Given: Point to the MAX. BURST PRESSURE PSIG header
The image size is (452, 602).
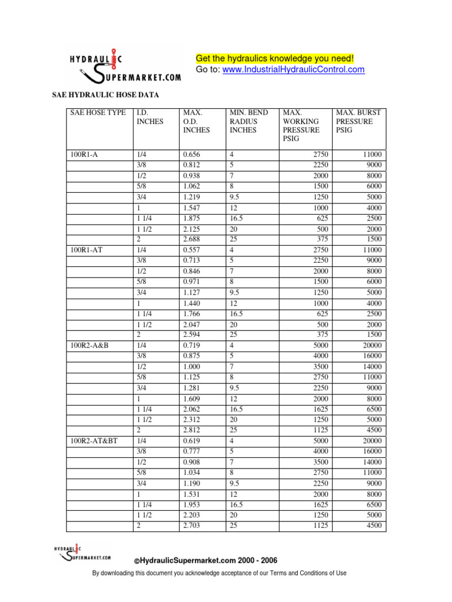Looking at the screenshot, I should pyautogui.click(x=358, y=121).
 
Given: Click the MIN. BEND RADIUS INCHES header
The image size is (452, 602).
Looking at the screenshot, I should pyautogui.click(x=249, y=121).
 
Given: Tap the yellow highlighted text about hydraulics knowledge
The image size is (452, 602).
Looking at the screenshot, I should pyautogui.click(x=275, y=58).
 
